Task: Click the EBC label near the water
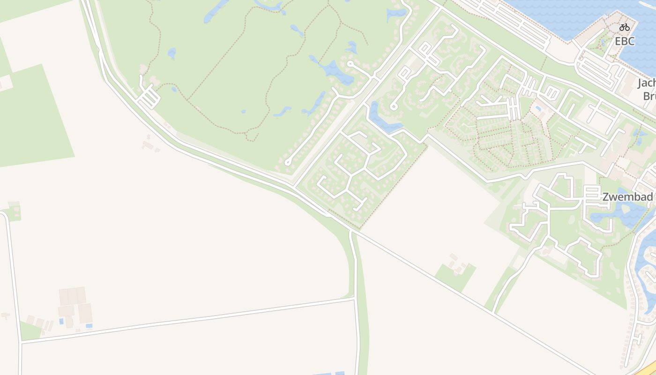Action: pyautogui.click(x=625, y=41)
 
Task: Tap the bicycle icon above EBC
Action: pyautogui.click(x=624, y=27)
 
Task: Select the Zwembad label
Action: pyautogui.click(x=627, y=197)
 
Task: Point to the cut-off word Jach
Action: pyautogui.click(x=647, y=83)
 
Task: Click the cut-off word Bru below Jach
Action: pyautogui.click(x=649, y=96)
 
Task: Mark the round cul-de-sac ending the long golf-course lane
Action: pyautogui.click(x=288, y=163)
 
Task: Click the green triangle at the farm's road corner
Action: pyautogui.click(x=29, y=330)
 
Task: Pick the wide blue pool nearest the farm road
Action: pyautogui.click(x=89, y=326)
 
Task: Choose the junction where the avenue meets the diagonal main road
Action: pyautogui.click(x=294, y=186)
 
